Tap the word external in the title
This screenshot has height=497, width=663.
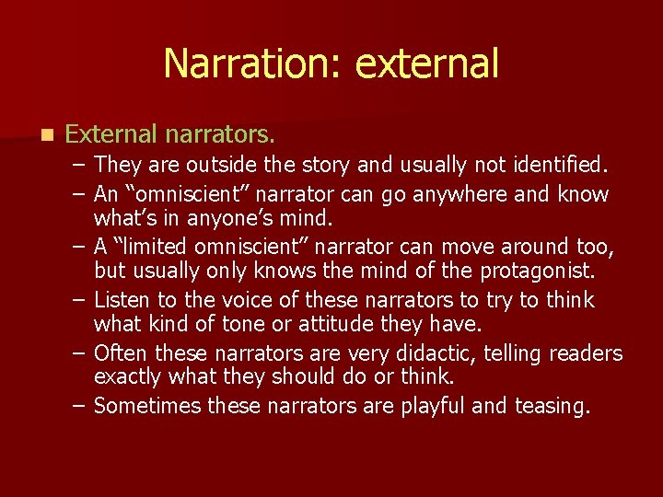426,64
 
